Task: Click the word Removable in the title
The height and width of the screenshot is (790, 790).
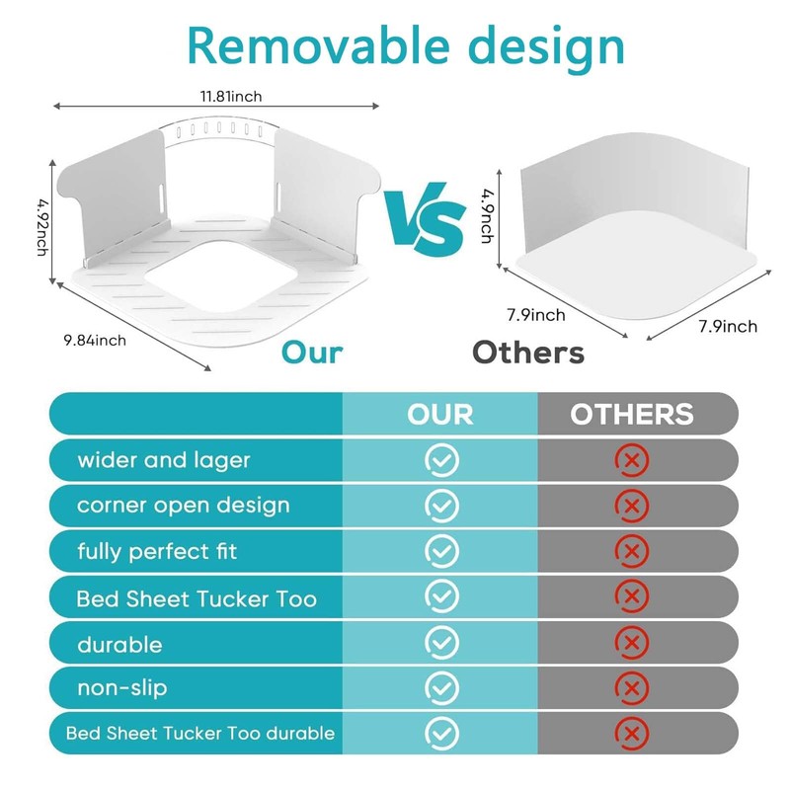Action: (x=296, y=45)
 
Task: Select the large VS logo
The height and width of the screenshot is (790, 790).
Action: (x=426, y=219)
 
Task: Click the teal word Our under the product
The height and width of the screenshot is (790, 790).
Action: (x=312, y=353)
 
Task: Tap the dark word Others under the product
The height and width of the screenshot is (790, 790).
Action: (x=527, y=353)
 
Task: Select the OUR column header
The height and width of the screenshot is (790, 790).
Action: (x=440, y=414)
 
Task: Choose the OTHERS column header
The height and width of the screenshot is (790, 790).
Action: (x=632, y=414)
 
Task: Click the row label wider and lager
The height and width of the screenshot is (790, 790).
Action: (x=164, y=460)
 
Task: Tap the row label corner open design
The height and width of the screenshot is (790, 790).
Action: (x=184, y=506)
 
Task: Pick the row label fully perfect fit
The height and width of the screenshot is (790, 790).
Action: (x=157, y=551)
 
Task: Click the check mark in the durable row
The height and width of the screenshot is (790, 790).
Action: (x=441, y=642)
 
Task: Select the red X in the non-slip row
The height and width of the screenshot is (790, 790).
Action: (x=632, y=687)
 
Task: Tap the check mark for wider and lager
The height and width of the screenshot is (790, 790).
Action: (x=441, y=460)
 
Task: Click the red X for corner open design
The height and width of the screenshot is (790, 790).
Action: (x=632, y=506)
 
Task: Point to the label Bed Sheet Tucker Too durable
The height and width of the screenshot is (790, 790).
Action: (x=200, y=733)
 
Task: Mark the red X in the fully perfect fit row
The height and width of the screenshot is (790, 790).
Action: (x=632, y=551)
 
